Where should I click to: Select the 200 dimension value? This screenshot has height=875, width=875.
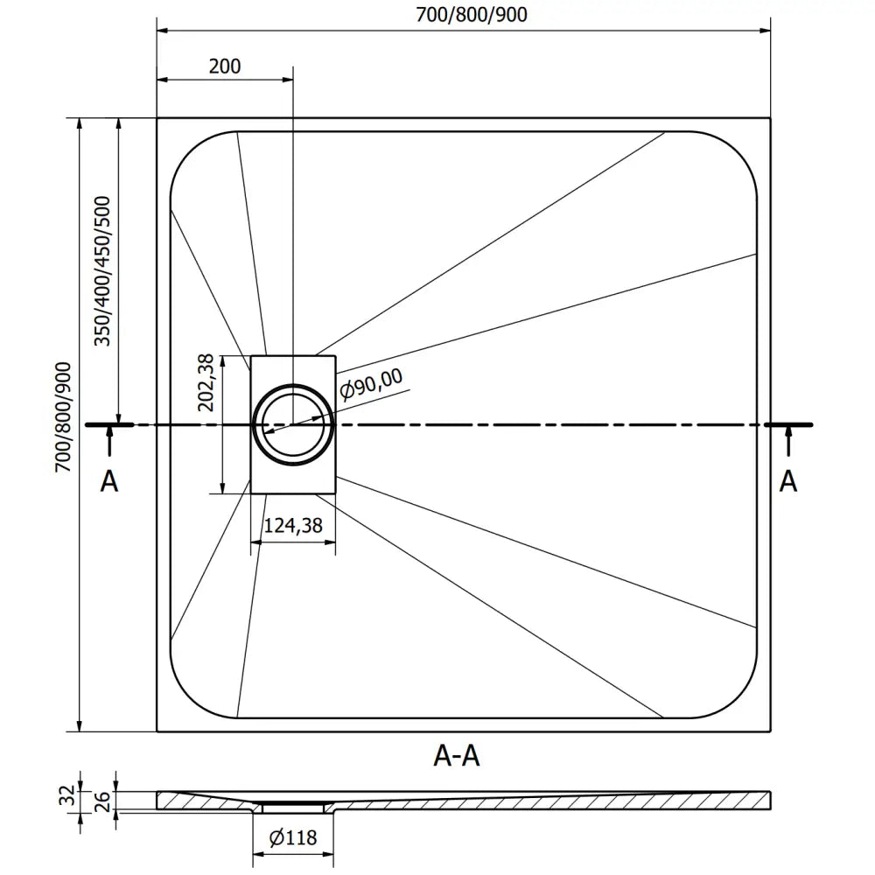coord(226,66)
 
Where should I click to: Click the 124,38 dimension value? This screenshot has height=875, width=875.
coord(293,526)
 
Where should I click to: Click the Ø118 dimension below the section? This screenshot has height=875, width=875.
coord(293,838)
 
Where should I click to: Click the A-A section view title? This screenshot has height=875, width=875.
coord(457,755)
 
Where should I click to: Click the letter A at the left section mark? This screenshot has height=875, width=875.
coord(108,480)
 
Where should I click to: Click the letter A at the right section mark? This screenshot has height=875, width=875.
coord(788,480)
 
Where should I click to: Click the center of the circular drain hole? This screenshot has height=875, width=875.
coord(293,424)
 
